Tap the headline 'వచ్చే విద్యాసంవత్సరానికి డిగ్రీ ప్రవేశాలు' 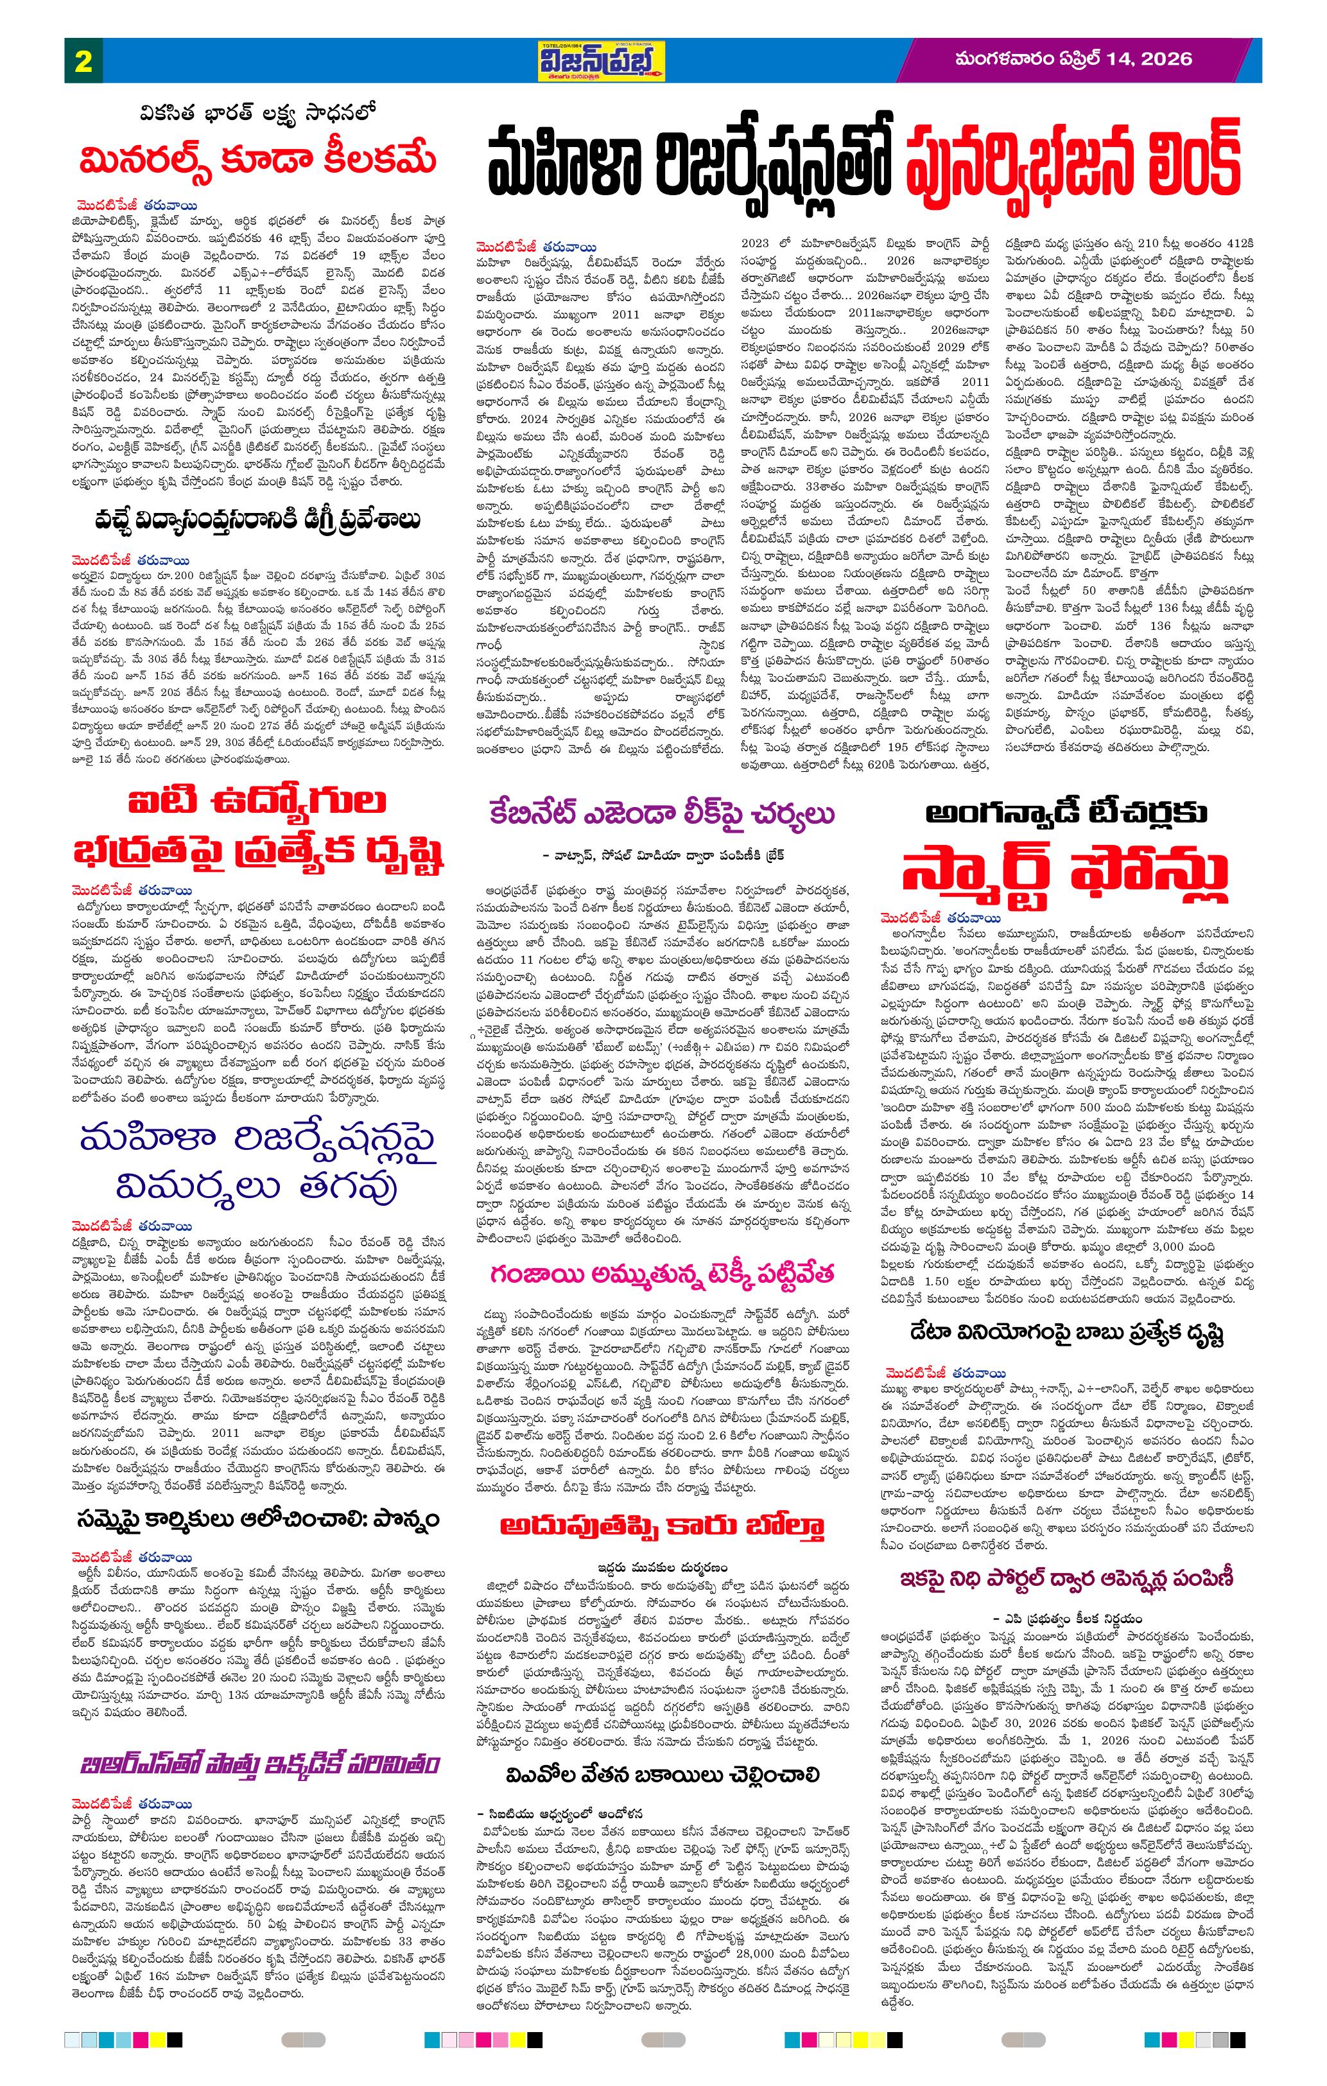coord(259,520)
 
